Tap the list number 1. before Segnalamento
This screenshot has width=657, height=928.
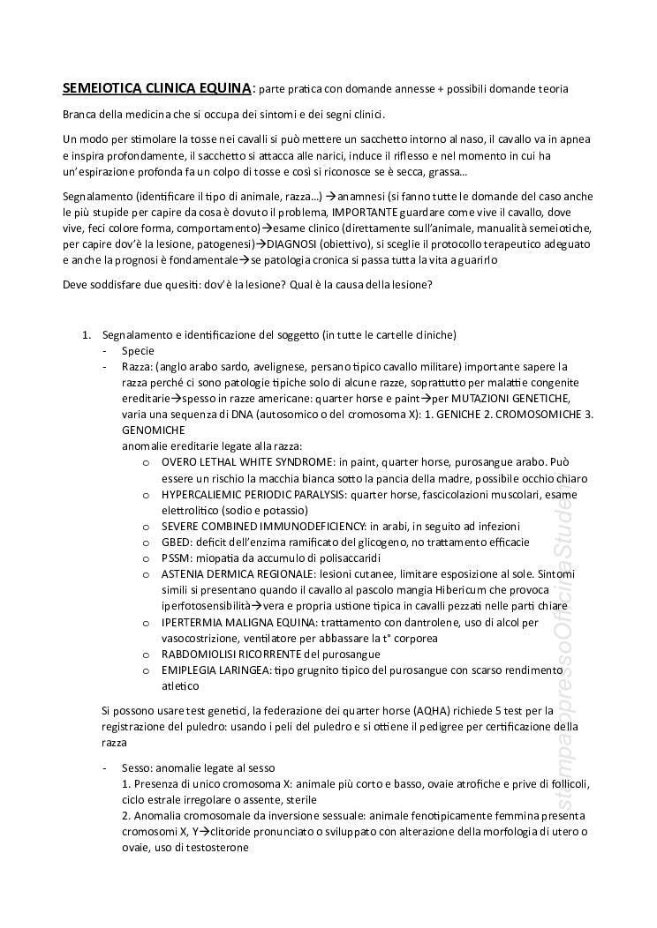point(87,334)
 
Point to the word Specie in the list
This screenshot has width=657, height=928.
point(138,350)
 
